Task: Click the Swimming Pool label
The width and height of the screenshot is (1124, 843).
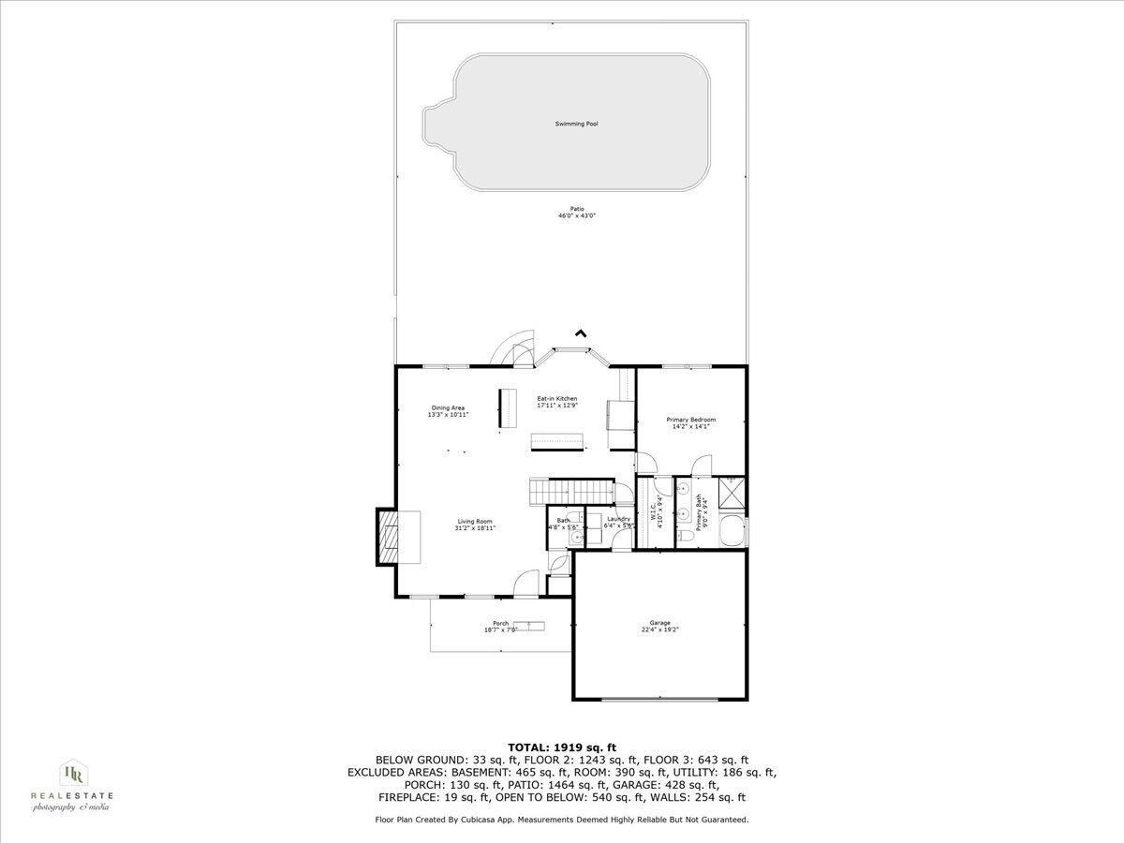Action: (x=576, y=124)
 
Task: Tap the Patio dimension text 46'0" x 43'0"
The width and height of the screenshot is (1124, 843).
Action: (x=577, y=215)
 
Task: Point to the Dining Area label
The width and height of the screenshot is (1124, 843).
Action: (x=448, y=407)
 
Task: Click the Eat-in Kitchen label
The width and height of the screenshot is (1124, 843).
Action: (x=556, y=399)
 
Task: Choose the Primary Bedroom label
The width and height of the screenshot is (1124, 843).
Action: (x=691, y=420)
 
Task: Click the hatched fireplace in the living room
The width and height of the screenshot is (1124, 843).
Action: (x=386, y=537)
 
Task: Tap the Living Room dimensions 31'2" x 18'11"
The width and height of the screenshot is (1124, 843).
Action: (x=475, y=528)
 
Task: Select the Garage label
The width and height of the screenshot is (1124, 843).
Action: (x=660, y=623)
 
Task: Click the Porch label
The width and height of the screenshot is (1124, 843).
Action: (x=501, y=624)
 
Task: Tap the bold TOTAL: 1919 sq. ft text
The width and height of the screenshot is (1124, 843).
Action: (x=562, y=747)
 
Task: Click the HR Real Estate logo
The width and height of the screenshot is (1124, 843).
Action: (x=73, y=785)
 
